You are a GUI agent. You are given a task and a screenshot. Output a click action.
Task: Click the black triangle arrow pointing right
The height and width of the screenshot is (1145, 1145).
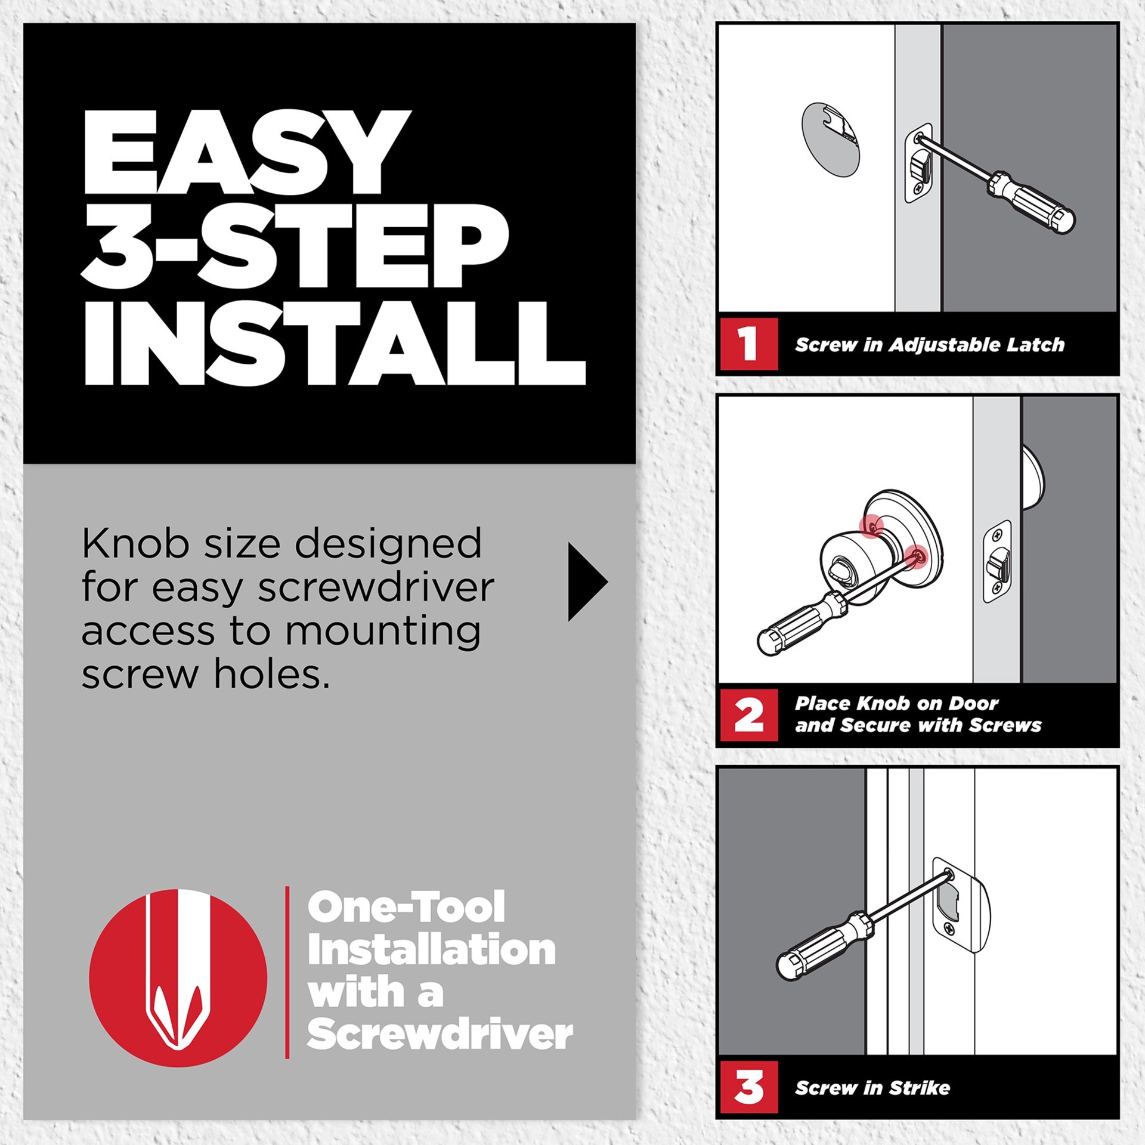click(x=586, y=582)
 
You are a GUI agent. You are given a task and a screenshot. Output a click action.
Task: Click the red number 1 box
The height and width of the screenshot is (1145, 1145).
click(x=748, y=344)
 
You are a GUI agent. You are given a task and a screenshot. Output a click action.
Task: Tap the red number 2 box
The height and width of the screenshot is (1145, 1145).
click(x=748, y=715)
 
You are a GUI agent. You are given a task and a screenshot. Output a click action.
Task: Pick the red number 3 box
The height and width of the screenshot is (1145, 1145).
click(x=748, y=1087)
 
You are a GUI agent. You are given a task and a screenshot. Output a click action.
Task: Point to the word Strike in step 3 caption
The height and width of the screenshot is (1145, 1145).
click(x=919, y=1088)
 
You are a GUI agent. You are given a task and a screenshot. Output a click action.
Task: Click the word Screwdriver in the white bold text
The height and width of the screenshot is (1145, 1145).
click(x=440, y=1035)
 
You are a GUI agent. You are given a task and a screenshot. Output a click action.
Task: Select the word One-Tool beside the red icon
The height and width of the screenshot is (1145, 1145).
click(x=406, y=907)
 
